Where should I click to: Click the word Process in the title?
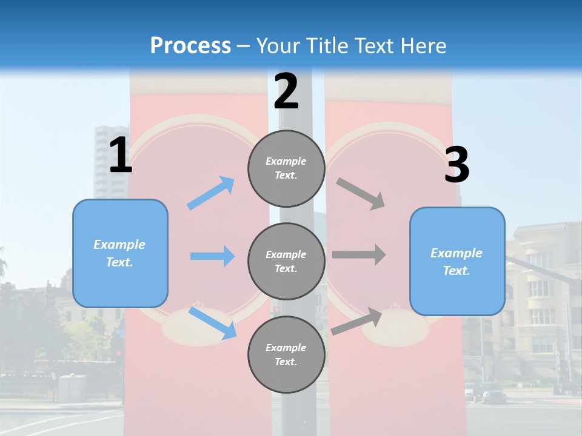tap(190, 45)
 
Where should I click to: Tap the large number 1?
tap(120, 156)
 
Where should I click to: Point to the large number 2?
tap(286, 91)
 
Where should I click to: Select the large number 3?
tap(457, 165)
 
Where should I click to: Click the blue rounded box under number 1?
tap(120, 253)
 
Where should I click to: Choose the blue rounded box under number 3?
tap(457, 261)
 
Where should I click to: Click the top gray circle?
tap(286, 168)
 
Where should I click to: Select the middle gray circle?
tap(286, 261)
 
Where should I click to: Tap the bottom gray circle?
tap(286, 354)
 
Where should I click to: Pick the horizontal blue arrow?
tap(212, 256)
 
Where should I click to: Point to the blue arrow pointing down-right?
tap(212, 323)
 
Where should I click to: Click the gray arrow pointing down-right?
tap(361, 194)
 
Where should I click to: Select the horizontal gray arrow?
tap(359, 254)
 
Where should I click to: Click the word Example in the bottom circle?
tap(286, 348)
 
